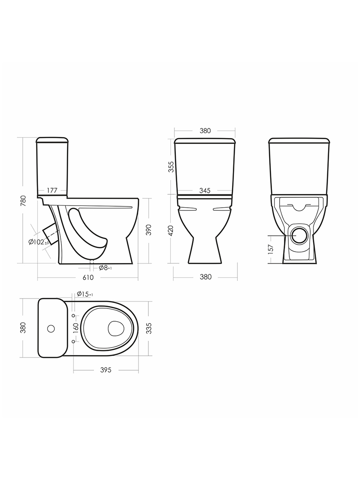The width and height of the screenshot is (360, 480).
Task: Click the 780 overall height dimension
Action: click(x=23, y=201)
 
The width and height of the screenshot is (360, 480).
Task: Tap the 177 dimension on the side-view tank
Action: click(x=52, y=190)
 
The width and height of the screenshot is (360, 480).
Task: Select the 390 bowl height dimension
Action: click(x=149, y=230)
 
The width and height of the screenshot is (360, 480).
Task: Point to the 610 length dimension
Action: click(x=88, y=277)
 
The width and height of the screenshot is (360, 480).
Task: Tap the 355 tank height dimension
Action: click(x=171, y=167)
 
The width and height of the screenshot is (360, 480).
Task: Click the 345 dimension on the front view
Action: click(x=205, y=190)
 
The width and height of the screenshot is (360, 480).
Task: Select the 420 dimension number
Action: click(x=171, y=230)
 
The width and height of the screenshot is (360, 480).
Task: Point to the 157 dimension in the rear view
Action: click(x=271, y=249)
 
